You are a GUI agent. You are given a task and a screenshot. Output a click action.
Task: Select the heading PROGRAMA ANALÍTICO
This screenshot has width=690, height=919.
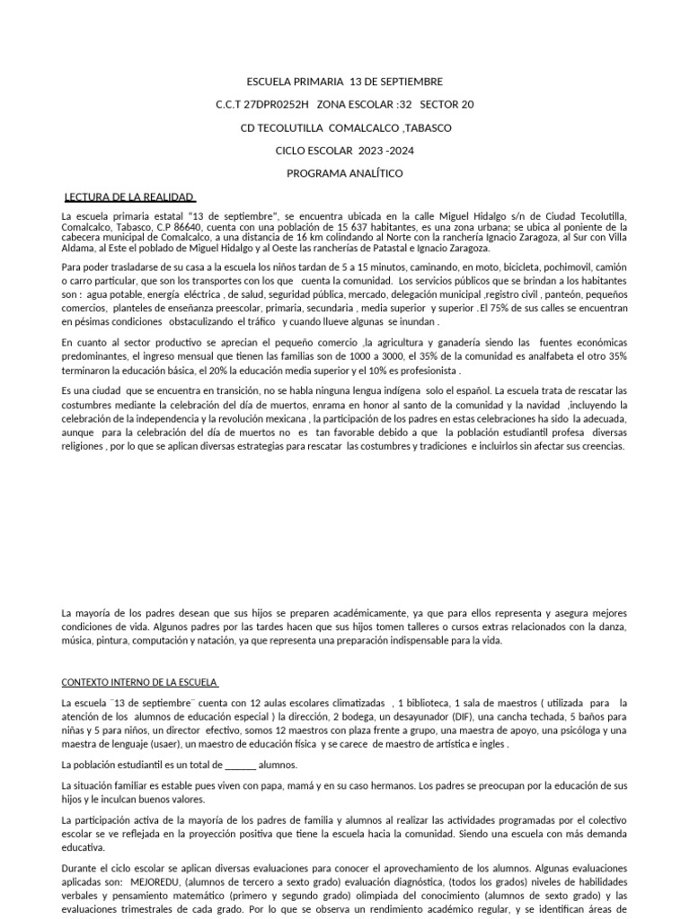tap(344, 173)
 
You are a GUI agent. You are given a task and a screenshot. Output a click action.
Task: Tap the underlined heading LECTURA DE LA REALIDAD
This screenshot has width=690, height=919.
tap(130, 197)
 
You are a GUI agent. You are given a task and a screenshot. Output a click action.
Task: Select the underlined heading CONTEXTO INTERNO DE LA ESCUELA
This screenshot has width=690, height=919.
tap(140, 680)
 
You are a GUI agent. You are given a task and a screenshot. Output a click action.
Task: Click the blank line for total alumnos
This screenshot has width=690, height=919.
tap(240, 765)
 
